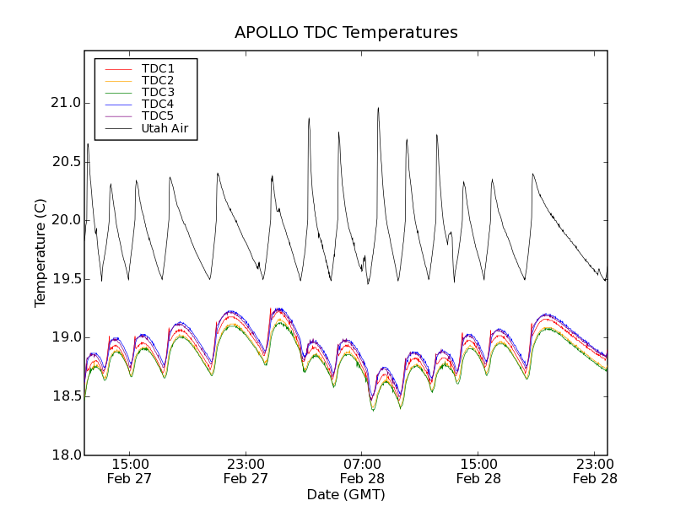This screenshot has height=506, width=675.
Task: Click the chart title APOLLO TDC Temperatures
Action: pos(346,33)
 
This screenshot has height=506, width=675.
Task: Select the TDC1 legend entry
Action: pos(158,68)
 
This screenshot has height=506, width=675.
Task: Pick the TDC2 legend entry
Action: pos(158,80)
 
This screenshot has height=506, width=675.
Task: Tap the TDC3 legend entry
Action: pos(158,92)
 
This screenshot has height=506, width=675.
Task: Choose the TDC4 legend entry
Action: pos(158,104)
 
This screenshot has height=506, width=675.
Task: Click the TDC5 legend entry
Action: pos(158,116)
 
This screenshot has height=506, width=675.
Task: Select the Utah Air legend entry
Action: pos(165,128)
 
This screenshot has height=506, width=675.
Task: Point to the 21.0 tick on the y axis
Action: pos(65,103)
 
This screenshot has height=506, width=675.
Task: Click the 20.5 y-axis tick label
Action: pos(65,162)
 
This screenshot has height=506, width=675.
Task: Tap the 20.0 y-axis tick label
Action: pos(65,220)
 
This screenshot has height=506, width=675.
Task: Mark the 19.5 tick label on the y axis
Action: pos(65,279)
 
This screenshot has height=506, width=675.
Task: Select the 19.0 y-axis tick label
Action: pos(65,337)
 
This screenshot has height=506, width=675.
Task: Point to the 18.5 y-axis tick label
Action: pos(65,396)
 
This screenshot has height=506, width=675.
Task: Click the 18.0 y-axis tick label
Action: pos(65,455)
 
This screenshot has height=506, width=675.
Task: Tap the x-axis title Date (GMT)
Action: pos(345,494)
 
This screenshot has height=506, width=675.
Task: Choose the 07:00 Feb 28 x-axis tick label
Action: pos(362,471)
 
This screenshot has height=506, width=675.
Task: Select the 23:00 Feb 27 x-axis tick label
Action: pos(246,471)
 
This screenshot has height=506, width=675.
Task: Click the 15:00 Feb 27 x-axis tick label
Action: pos(129,471)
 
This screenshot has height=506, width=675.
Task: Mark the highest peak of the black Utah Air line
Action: pos(378,107)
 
